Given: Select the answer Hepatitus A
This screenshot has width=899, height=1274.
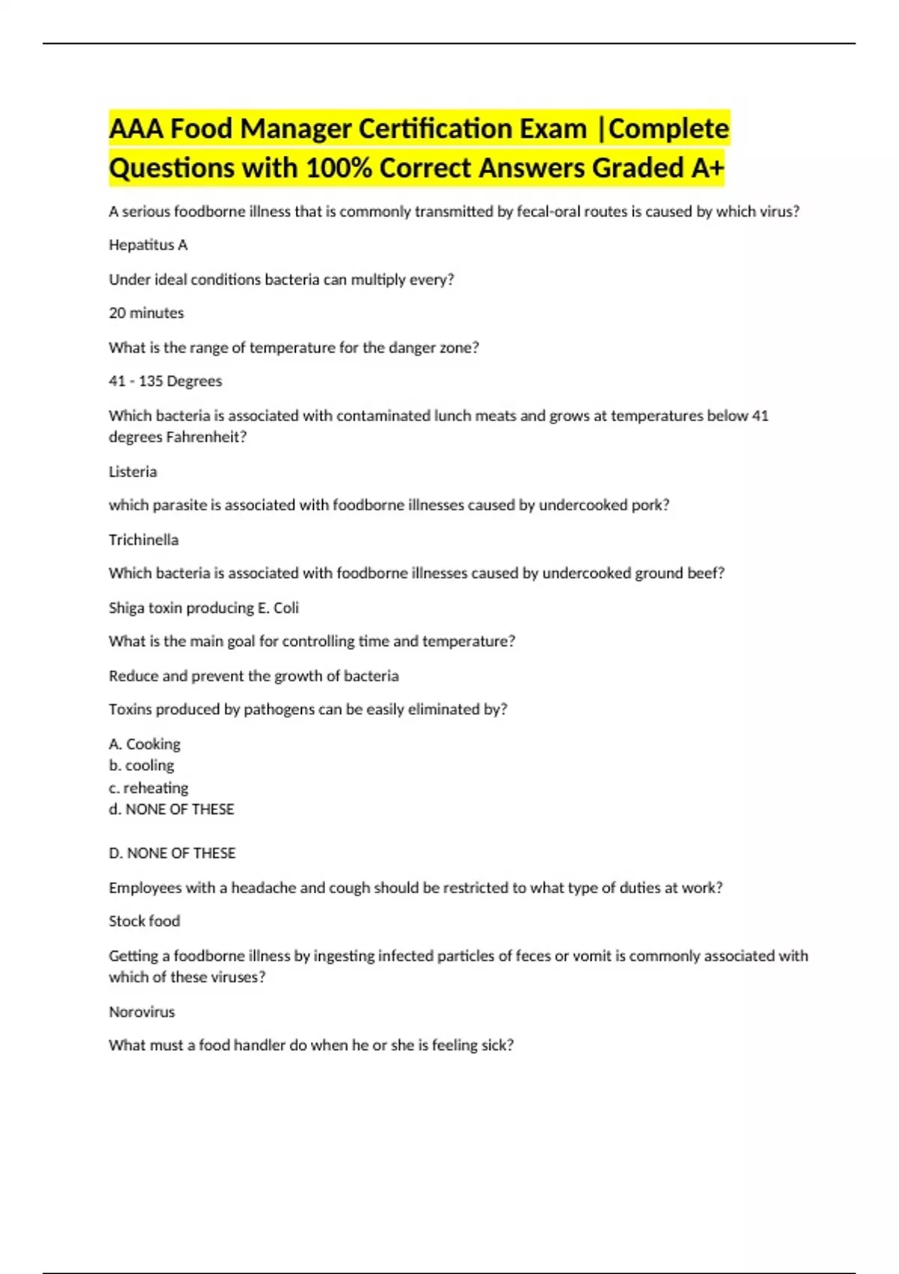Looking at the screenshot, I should (148, 245).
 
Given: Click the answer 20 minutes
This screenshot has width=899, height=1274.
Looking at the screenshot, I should (146, 313).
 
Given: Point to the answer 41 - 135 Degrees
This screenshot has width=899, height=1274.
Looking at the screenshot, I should (166, 381).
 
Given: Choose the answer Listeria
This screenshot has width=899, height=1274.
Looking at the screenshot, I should (133, 472).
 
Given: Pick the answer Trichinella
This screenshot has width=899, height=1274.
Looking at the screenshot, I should (144, 540).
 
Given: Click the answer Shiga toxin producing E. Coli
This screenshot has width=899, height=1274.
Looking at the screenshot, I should (204, 608).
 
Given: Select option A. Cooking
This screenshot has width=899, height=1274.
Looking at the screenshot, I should (145, 744).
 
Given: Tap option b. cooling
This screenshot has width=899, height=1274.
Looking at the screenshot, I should (142, 766).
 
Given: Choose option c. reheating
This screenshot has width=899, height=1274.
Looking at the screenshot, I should (148, 788).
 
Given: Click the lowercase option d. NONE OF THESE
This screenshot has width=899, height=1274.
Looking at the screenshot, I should (172, 809).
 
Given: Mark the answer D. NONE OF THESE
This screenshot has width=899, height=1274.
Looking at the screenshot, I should (172, 854).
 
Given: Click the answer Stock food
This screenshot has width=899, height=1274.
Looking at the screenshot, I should (145, 922).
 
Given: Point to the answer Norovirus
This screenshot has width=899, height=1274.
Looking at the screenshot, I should (142, 1012).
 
